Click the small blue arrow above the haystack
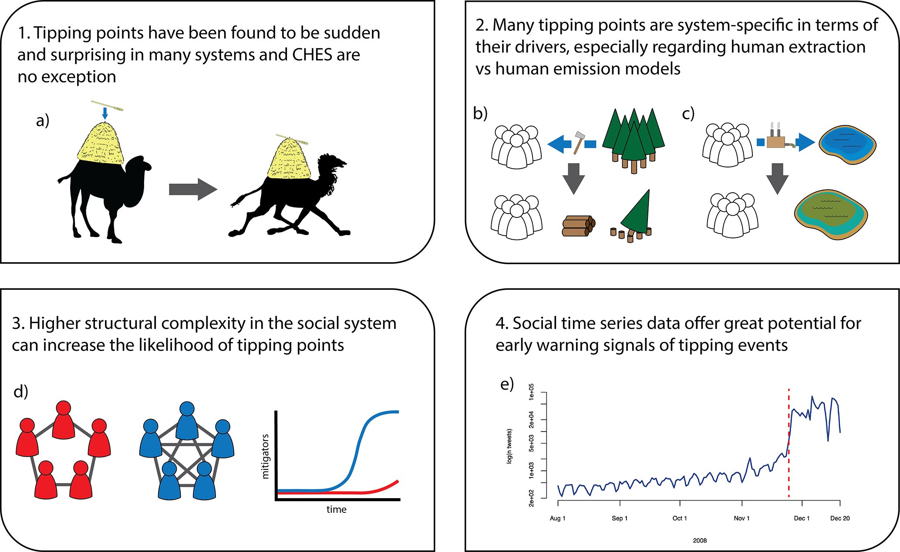tap(104, 113)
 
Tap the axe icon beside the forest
tap(580, 142)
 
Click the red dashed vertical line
tap(789, 444)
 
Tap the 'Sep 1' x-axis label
tap(619, 518)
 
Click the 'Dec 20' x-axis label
tap(839, 518)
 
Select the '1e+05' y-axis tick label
tap(531, 392)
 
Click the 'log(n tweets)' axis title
tap(509, 446)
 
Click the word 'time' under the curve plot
tap(337, 509)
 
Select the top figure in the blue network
tap(187, 420)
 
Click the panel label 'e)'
tap(507, 384)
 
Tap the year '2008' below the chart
tap(700, 540)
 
